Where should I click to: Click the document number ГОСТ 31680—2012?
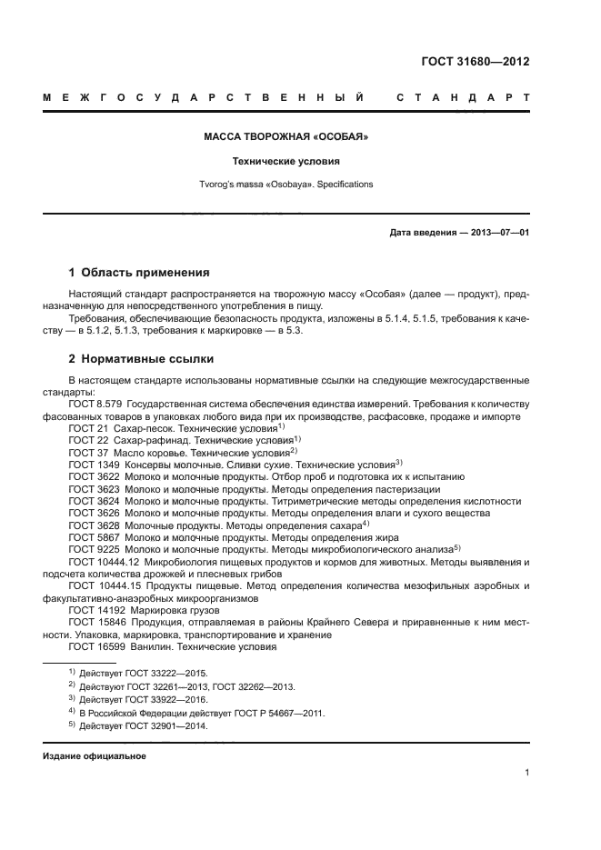pyautogui.click(x=476, y=62)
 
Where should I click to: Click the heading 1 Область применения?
pyautogui.click(x=140, y=272)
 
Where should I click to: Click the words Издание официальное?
pyautogui.click(x=94, y=756)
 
